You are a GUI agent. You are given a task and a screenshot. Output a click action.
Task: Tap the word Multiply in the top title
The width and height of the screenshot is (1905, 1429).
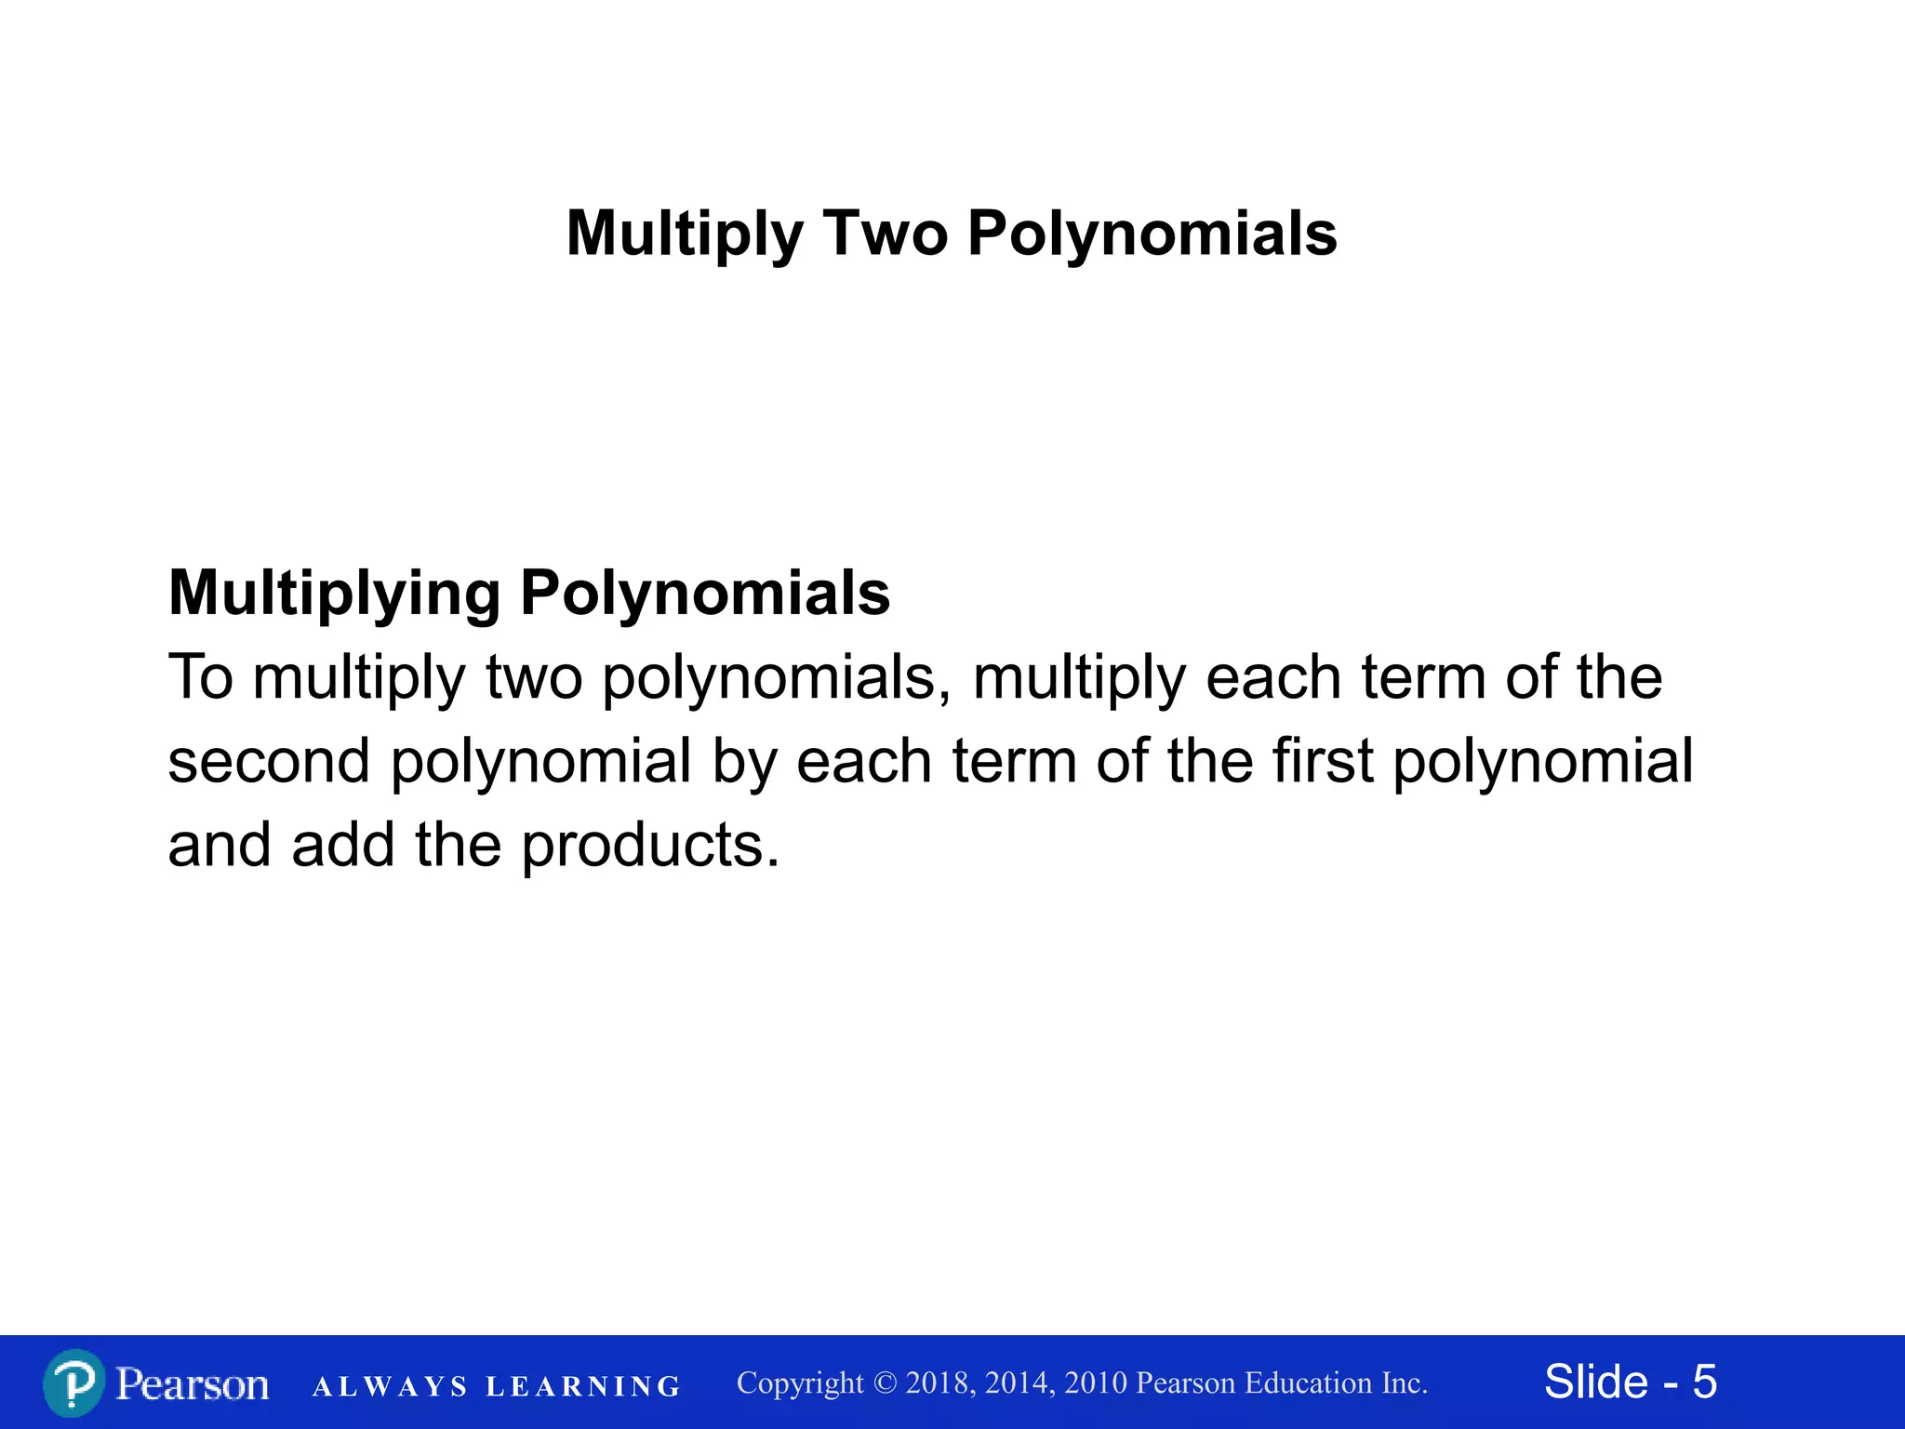pyautogui.click(x=685, y=234)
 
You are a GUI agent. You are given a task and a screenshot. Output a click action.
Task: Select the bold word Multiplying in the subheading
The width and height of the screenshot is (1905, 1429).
pyautogui.click(x=335, y=594)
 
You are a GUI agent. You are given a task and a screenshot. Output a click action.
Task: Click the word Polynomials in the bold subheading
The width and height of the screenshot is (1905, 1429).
pyautogui.click(x=704, y=594)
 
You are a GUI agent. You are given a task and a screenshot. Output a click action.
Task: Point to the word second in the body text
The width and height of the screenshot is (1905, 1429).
pyautogui.click(x=269, y=761)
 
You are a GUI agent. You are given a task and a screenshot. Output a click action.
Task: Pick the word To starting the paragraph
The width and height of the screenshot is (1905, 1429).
pyautogui.click(x=201, y=677)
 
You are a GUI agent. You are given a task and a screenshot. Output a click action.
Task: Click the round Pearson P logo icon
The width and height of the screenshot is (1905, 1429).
pyautogui.click(x=73, y=1383)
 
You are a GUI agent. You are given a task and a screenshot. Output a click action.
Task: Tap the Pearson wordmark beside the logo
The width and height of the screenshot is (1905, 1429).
pyautogui.click(x=193, y=1384)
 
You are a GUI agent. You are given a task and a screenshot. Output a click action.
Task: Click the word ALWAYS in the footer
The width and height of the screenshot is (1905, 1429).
pyautogui.click(x=390, y=1387)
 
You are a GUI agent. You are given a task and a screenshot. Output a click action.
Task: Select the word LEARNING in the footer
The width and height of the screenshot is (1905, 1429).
pyautogui.click(x=583, y=1387)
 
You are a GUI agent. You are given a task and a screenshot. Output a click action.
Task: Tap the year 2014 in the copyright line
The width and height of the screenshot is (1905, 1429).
pyautogui.click(x=1019, y=1383)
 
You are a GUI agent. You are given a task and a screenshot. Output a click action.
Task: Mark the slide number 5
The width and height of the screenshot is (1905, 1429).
pyautogui.click(x=1704, y=1382)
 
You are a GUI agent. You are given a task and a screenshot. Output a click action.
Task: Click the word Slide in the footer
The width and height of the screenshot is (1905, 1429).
pyautogui.click(x=1596, y=1382)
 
